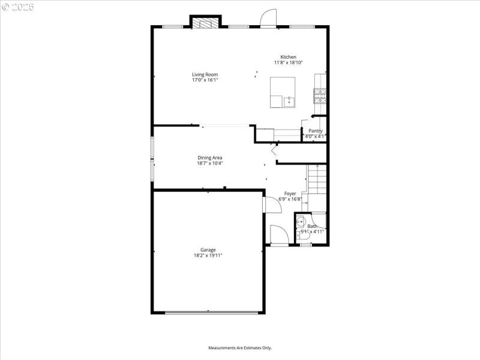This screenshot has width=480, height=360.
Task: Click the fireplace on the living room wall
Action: pos(205,22)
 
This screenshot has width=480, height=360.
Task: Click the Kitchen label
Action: pos(288,57)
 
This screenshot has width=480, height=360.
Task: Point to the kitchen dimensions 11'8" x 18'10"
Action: pos(288,62)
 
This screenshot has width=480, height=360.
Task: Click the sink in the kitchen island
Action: pos(289,101)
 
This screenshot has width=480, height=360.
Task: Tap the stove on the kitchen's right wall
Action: pos(319,94)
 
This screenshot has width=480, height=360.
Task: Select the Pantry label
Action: pos(315,131)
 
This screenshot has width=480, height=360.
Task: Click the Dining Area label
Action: pos(210,158)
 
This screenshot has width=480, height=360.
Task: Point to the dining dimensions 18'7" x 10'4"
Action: pos(210,163)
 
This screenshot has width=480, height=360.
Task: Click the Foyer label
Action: pos(290,194)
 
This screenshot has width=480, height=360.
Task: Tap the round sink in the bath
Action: pos(301,221)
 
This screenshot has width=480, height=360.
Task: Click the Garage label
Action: pos(208,250)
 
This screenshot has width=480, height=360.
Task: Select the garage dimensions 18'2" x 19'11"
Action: pos(208,255)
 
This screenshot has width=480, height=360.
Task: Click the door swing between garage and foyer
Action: pos(273,204)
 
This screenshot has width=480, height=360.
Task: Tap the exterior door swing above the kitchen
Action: pos(268,17)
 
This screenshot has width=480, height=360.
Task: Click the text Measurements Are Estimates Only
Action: pos(240,348)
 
